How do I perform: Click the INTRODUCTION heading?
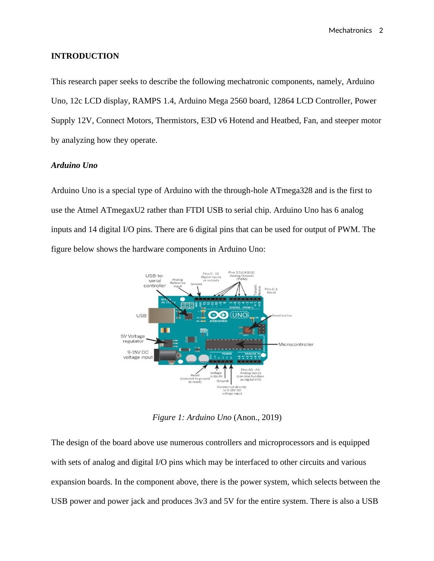pyautogui.click(x=85, y=56)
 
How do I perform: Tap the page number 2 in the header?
pyautogui.click(x=381, y=31)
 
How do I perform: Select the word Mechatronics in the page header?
pyautogui.click(x=350, y=31)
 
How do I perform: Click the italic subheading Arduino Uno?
pyautogui.click(x=74, y=165)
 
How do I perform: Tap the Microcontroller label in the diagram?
pyautogui.click(x=296, y=344)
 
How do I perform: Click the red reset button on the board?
pyautogui.click(x=247, y=330)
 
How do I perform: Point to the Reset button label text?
pyautogui.click(x=282, y=315)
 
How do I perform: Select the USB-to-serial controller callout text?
pyautogui.click(x=155, y=280)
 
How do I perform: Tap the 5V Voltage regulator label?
pyautogui.click(x=133, y=338)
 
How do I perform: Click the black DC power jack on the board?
pyautogui.click(x=165, y=356)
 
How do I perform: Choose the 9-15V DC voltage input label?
pyautogui.click(x=138, y=355)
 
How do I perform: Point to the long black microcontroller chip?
pyautogui.click(x=233, y=344)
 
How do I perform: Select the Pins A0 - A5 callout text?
pyautogui.click(x=250, y=374)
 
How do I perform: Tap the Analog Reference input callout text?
pyautogui.click(x=178, y=283)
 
